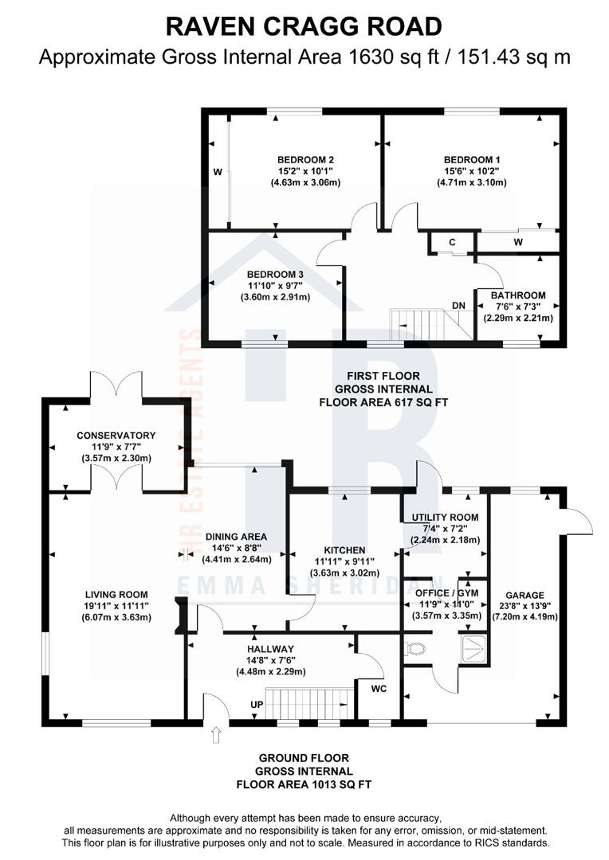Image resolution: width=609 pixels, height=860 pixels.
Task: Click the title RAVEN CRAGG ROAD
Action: (x=304, y=26)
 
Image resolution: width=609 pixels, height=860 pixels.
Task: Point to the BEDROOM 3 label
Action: (x=275, y=274)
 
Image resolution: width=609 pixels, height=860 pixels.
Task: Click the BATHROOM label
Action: (x=518, y=295)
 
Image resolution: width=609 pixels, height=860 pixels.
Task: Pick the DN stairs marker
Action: (x=459, y=305)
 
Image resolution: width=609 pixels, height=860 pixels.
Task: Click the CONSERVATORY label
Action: (x=116, y=435)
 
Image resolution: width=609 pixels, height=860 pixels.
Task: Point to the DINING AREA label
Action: (x=236, y=536)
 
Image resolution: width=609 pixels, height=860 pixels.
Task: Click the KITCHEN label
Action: (x=344, y=550)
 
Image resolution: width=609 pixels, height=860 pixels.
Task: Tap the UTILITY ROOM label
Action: (x=446, y=517)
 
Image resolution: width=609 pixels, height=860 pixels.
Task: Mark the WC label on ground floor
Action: (x=379, y=688)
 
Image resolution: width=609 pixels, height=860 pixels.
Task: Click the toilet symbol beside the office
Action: (x=415, y=649)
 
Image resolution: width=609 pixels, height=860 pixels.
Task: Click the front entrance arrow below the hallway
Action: (x=215, y=737)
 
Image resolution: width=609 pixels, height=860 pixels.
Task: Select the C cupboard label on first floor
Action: (x=451, y=242)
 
